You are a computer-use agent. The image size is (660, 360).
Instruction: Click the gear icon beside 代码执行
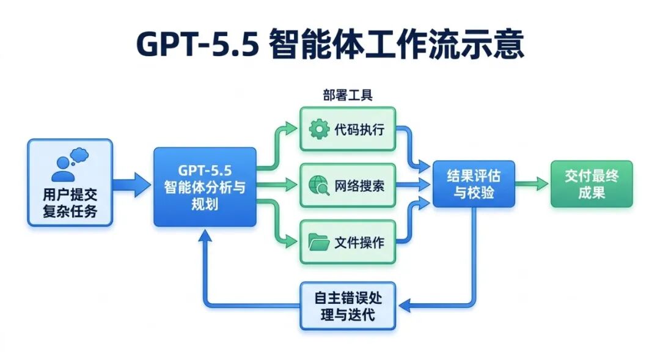pos(319,129)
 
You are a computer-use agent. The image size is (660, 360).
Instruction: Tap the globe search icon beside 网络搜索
pos(319,185)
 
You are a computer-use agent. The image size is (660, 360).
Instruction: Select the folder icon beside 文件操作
pos(319,241)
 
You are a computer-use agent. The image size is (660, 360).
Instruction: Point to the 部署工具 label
pos(347,95)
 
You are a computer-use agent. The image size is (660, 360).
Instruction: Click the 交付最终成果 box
pos(591,184)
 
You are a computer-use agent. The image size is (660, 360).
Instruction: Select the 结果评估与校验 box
pos(474,184)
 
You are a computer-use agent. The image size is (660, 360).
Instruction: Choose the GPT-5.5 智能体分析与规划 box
pos(205,186)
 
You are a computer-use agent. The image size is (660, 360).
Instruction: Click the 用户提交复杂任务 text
pos(69,205)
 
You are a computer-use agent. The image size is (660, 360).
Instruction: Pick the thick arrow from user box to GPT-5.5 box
pos(132,184)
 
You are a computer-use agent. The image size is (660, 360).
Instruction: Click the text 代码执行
pos(360,130)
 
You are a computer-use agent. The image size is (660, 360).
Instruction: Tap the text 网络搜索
pos(360,185)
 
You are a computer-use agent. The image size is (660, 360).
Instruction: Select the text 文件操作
pos(360,242)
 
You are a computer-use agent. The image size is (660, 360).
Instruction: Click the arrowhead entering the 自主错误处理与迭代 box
pos(403,305)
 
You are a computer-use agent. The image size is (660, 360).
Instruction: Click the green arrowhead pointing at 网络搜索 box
pos(295,184)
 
